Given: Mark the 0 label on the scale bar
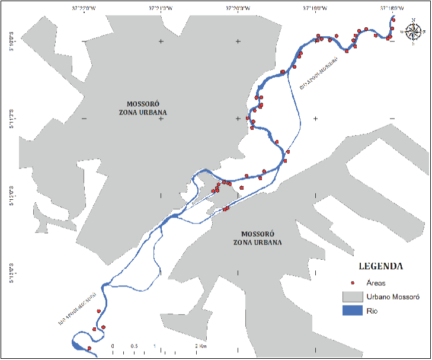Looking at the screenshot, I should tap(113, 346).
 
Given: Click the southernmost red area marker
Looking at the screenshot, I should tap(89, 348).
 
